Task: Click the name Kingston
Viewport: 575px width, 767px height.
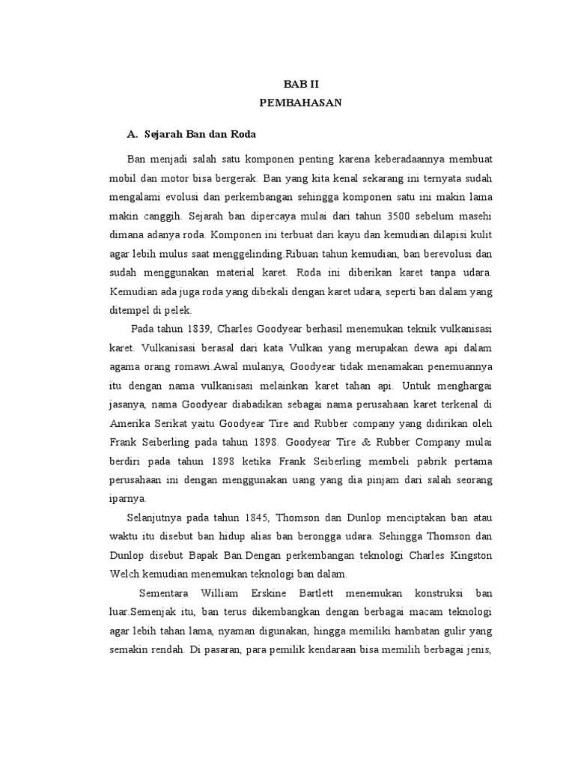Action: click(x=471, y=555)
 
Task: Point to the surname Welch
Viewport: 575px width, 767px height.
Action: click(x=144, y=575)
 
